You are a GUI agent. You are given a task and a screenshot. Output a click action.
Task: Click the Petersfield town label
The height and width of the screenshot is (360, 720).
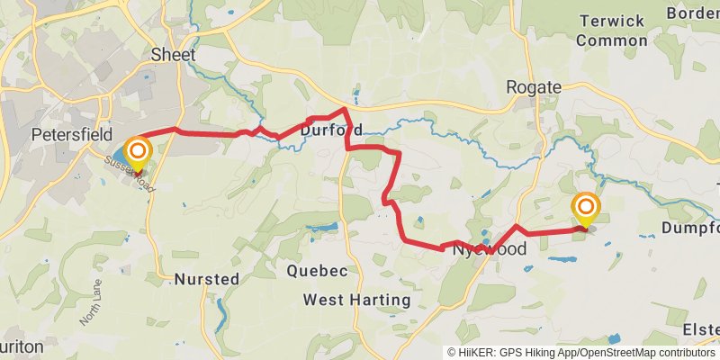pos(71,134)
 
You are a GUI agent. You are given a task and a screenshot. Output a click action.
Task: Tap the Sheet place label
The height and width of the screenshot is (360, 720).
pos(174,54)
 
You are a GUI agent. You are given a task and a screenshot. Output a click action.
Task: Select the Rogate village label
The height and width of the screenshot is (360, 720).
pos(534,87)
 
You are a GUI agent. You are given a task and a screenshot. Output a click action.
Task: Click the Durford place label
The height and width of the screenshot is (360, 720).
pos(330,130)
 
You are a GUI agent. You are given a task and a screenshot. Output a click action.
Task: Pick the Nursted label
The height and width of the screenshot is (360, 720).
pos(207,279)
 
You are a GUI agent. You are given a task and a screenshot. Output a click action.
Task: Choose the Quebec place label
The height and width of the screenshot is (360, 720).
pos(317,271)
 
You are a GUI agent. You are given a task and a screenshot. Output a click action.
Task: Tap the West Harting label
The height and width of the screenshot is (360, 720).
pos(356,299)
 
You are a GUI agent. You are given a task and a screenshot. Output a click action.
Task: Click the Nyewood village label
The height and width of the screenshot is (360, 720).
pos(489,249)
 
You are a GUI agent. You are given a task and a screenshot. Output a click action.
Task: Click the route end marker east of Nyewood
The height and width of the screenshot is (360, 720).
pos(585,208)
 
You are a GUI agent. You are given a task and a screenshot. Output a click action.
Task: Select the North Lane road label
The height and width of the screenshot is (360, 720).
pos(91,302)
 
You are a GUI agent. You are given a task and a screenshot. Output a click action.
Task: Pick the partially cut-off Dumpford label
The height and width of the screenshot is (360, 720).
pos(690,229)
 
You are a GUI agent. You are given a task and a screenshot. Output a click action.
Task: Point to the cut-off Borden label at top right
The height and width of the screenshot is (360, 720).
pos(693,13)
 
